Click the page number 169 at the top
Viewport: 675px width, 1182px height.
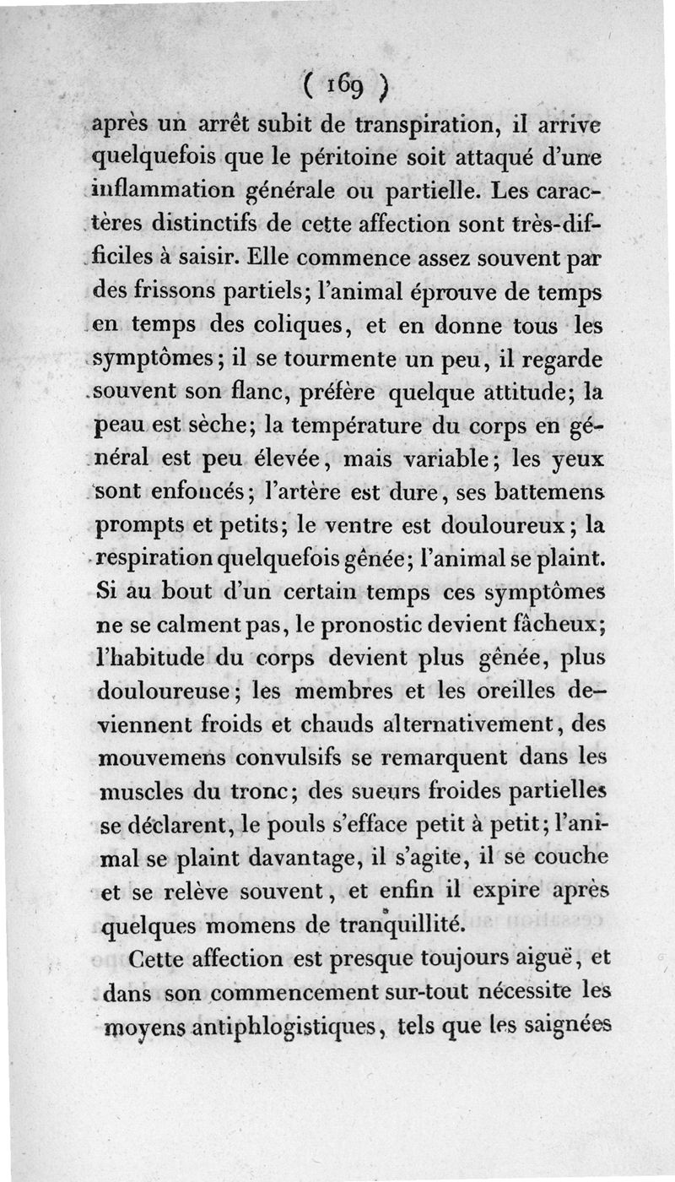(347, 87)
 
